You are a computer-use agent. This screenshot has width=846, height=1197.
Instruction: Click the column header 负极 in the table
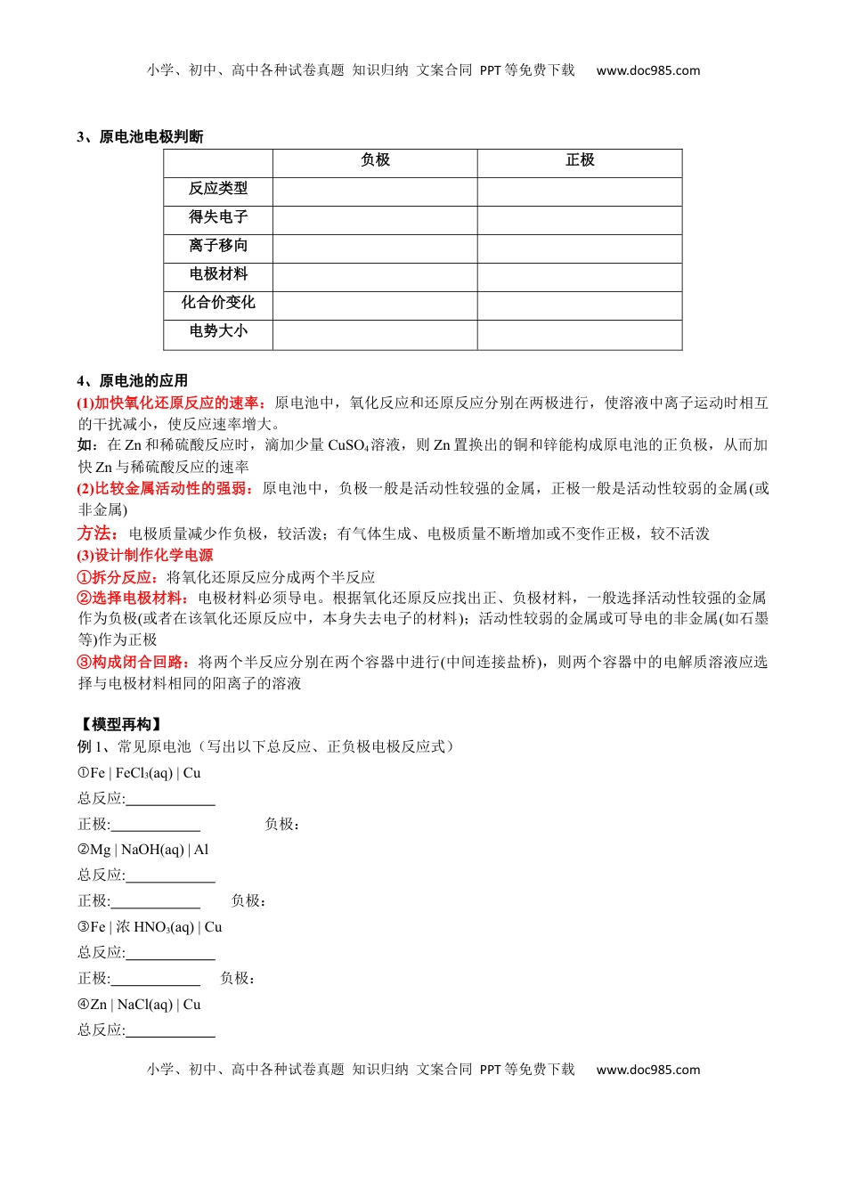coord(375,160)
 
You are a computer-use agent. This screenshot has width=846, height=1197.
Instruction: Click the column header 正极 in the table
coord(580,160)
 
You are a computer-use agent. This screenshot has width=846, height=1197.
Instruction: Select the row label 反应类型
coord(218,189)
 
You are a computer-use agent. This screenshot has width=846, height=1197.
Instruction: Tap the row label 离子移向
coord(218,246)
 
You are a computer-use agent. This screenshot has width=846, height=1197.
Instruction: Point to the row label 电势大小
coord(218,331)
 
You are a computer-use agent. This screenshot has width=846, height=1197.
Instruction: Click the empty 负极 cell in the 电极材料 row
coord(375,275)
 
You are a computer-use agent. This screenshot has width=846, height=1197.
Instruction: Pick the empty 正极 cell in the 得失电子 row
coord(580,218)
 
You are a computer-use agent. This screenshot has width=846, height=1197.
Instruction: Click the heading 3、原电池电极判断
coord(140,136)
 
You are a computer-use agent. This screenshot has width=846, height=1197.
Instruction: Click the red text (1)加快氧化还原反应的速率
coord(171,403)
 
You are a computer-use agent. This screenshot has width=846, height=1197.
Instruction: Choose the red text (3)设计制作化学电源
coord(145,555)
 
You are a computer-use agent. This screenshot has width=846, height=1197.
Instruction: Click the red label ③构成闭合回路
coord(134,662)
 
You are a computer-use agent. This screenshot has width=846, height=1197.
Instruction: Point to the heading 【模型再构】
coord(121,724)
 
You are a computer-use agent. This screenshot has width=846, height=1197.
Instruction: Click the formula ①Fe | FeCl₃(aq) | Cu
coord(139,773)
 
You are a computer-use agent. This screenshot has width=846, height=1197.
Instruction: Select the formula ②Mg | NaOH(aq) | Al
coord(142,850)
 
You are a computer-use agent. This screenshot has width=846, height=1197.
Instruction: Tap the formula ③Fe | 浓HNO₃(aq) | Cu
coord(150,927)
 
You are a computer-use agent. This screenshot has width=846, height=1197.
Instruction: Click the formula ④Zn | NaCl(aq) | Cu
coord(139,1005)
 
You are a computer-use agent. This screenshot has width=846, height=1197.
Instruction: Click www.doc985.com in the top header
coord(648,70)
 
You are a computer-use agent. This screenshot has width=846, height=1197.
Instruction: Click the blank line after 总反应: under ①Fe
coord(170,800)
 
